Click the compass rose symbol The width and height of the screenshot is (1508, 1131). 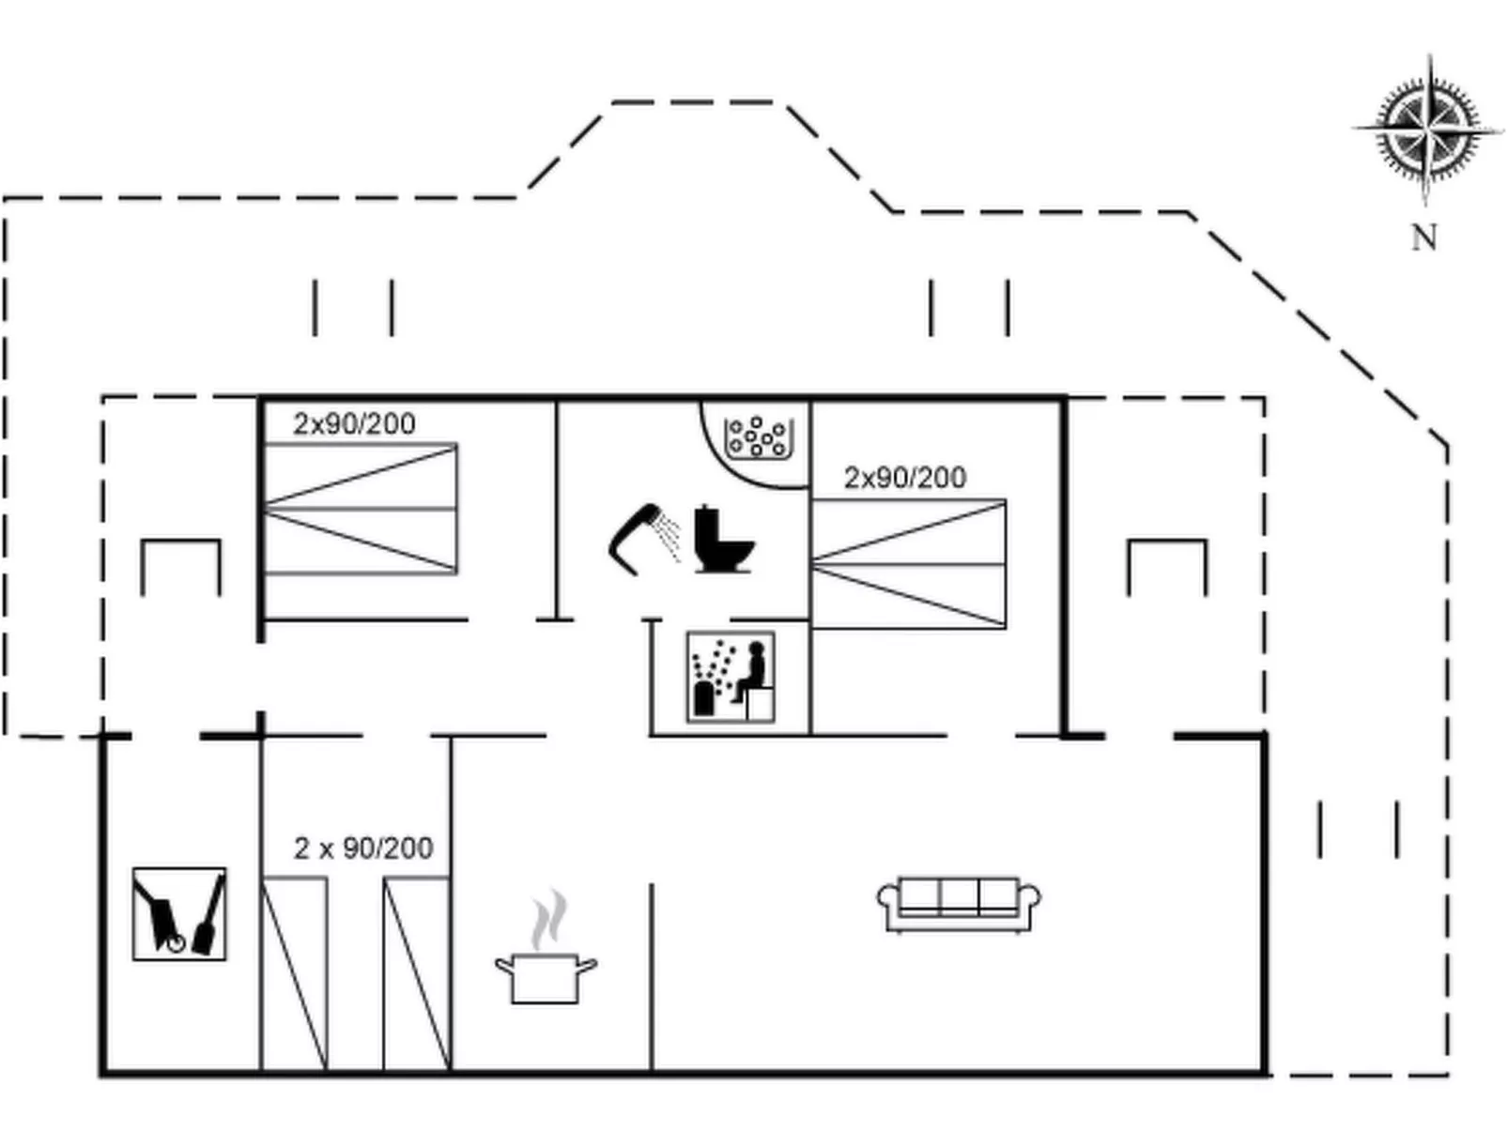pos(1427,130)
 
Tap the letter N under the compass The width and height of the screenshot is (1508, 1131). pos(1424,237)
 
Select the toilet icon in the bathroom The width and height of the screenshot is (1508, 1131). pos(723,539)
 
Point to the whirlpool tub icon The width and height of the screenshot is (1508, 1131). pos(759,437)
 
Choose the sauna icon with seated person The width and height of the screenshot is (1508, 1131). pos(731,677)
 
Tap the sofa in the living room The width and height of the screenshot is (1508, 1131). pos(959,905)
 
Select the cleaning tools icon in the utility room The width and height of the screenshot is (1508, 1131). pos(179,914)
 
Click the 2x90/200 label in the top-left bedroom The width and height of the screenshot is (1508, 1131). pos(355,423)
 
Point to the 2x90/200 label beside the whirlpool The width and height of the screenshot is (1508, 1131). pos(905,477)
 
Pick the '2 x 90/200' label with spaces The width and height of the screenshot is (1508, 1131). pos(363,848)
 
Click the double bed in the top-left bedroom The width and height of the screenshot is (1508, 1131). pos(361,509)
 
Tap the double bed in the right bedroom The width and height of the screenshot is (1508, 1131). pos(908,564)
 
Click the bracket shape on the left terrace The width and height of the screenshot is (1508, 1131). pos(180,542)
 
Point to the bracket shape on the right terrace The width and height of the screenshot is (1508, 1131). pos(1166,542)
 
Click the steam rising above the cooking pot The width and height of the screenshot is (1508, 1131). pos(549,920)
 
